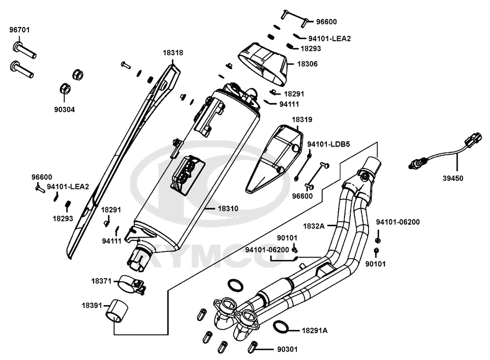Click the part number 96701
(20, 30)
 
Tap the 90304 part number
(64, 110)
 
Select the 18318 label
(173, 52)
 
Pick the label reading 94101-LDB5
(327, 144)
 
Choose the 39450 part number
(453, 178)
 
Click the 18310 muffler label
(228, 208)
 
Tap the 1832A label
(314, 226)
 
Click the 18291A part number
(315, 331)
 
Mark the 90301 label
(287, 350)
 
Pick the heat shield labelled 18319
(274, 157)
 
